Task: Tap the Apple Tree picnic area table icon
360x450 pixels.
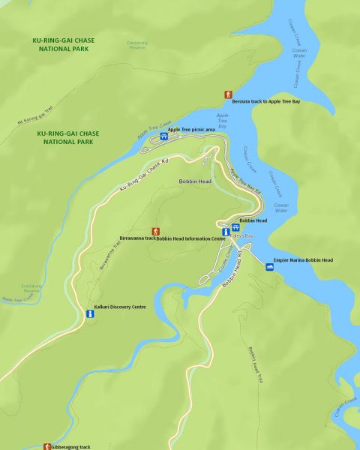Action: point(163,136)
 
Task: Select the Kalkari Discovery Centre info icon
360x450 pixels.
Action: point(88,314)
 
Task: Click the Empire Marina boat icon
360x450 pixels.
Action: point(270,267)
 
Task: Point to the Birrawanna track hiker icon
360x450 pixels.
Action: point(155,232)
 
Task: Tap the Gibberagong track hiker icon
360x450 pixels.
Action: point(46,446)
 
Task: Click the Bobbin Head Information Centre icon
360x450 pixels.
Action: point(225,232)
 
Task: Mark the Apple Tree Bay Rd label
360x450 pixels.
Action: point(244,181)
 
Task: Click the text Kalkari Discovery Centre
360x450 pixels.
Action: point(120,307)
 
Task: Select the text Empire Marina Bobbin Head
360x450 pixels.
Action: point(303,260)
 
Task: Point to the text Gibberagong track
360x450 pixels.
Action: point(70,446)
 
